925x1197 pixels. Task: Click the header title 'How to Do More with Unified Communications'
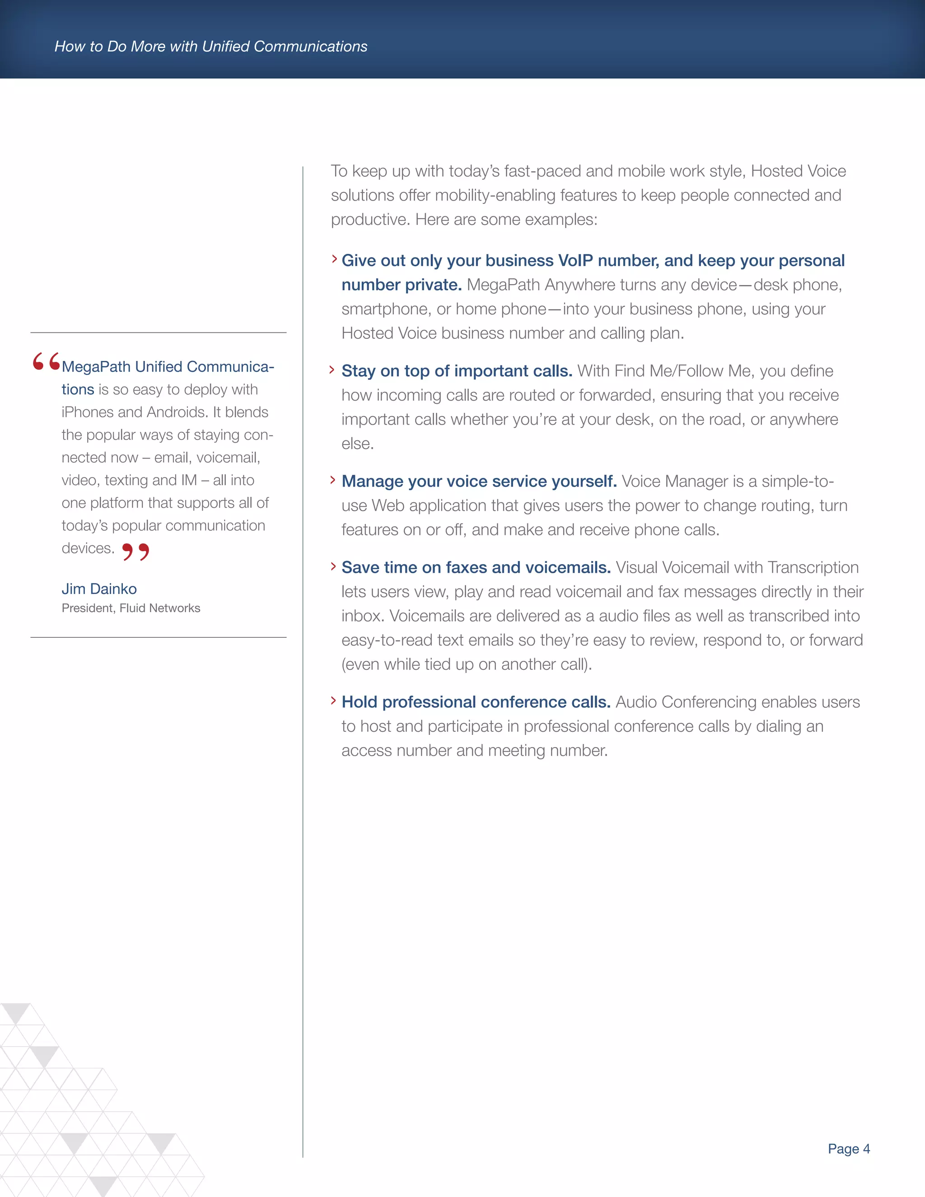tap(211, 47)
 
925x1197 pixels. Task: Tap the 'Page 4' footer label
tap(848, 1148)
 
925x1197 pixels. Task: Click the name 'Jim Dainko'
tap(99, 589)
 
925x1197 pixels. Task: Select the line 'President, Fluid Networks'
tap(131, 608)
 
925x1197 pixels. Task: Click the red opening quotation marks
tap(46, 362)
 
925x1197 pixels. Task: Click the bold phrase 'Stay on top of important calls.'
tap(457, 371)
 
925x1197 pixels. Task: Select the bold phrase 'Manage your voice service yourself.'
tap(479, 481)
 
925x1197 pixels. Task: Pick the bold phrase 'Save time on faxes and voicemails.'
tap(476, 567)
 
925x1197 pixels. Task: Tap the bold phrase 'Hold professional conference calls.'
tap(476, 702)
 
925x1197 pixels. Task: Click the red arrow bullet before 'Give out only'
tap(334, 259)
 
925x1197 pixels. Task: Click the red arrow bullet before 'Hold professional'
tap(332, 701)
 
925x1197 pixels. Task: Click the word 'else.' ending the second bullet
tap(357, 444)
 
